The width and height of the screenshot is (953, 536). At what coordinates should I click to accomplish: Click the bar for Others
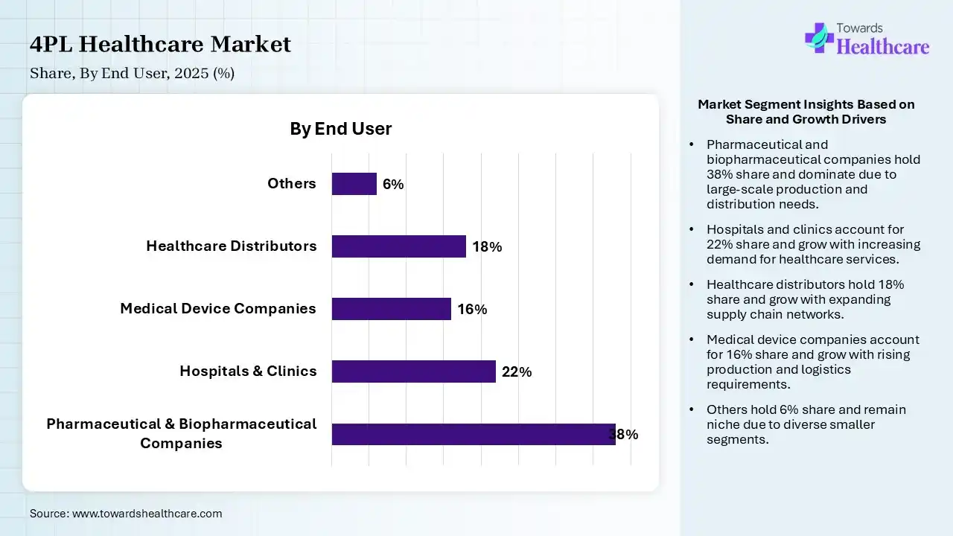coord(354,184)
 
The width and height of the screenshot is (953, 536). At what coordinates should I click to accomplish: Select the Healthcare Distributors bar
coord(399,246)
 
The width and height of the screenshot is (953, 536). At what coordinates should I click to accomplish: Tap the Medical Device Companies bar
coord(392,309)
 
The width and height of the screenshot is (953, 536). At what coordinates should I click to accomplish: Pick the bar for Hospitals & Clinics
coord(414,371)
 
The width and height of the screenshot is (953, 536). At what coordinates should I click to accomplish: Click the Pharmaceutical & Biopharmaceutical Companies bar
coord(474,434)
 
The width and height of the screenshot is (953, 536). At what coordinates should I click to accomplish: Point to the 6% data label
coord(393,185)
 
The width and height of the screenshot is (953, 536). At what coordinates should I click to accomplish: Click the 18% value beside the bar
coord(487,247)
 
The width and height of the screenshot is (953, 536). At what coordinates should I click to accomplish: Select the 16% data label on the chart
coord(472,310)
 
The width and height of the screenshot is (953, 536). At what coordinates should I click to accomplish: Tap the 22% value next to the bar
coord(517,372)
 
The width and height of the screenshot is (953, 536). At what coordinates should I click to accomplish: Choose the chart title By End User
coord(341,129)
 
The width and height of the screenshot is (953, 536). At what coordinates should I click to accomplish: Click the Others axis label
coord(292,184)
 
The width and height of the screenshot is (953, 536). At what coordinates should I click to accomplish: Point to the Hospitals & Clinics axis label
coord(248,371)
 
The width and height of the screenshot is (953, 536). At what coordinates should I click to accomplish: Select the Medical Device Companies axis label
coord(218,308)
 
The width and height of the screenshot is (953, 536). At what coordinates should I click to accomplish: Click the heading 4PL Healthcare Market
coord(160,45)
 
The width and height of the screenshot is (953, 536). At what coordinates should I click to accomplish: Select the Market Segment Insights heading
coord(806,112)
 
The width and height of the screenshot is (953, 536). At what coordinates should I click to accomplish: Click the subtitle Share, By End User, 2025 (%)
coord(133,73)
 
